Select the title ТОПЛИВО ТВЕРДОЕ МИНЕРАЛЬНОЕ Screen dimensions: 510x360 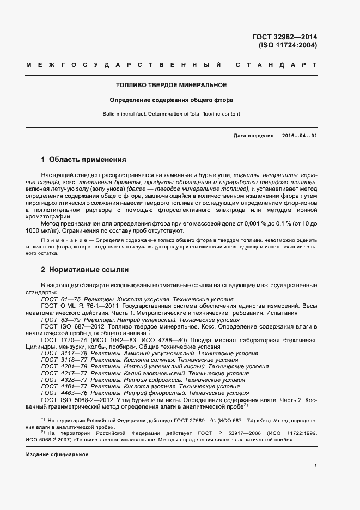pos(172,86)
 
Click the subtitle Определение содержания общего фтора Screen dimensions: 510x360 pos(172,100)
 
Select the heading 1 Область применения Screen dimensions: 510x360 pos(84,160)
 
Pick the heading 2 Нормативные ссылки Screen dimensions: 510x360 pos(84,269)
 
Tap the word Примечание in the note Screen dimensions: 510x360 pos(60,240)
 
